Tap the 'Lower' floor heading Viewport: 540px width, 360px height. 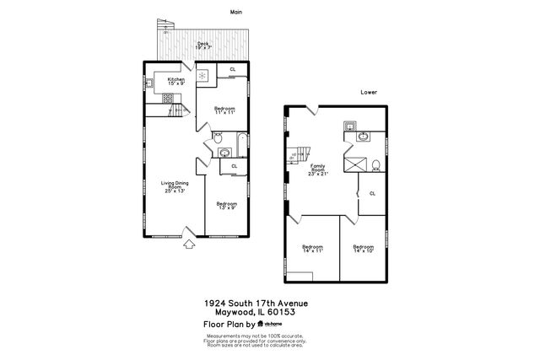[368, 91]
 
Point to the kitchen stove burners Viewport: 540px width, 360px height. [169, 98]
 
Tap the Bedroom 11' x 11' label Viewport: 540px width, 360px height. [224, 110]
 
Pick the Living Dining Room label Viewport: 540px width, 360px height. [173, 187]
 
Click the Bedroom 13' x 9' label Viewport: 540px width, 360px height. [227, 205]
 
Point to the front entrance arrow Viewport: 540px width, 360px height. [189, 245]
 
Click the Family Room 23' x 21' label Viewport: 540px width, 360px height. [318, 169]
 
